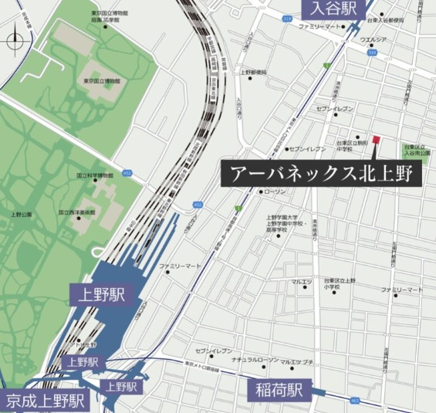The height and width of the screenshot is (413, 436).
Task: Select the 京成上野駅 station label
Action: tap(44, 401)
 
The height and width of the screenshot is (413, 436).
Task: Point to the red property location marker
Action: tap(377, 139)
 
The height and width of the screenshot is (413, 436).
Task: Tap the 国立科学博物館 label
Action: tap(95, 175)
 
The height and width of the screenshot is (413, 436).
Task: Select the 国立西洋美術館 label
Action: tap(76, 212)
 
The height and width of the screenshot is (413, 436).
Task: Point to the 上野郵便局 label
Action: tap(254, 73)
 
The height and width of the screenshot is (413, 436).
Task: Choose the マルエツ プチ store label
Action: tap(296, 361)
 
